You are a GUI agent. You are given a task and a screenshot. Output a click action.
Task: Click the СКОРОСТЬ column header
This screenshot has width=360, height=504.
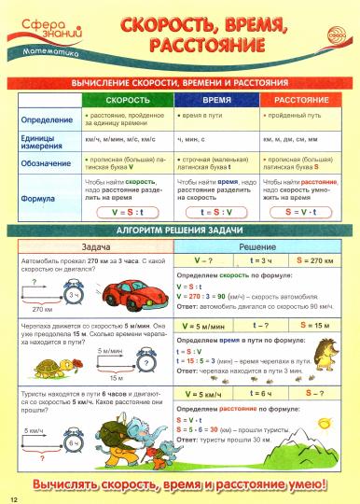[128, 98]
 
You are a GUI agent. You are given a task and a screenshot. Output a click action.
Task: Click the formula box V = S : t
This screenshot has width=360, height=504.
[128, 213]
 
